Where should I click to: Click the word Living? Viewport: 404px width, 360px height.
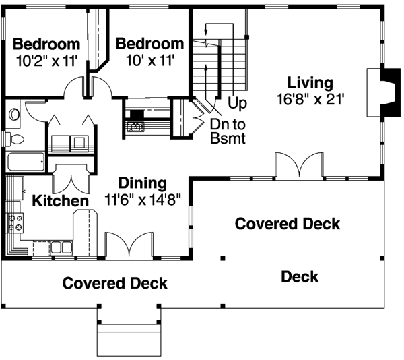coord(310,83)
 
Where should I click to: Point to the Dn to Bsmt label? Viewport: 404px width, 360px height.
coord(226,132)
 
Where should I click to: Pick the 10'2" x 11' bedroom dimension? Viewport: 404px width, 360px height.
coord(46,61)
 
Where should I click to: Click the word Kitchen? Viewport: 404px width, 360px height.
coord(61,201)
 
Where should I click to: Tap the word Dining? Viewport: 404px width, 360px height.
coord(142,183)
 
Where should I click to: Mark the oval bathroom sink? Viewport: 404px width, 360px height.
coord(15,115)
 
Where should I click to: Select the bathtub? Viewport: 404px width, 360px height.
coord(26,162)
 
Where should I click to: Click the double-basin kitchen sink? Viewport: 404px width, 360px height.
coord(61,247)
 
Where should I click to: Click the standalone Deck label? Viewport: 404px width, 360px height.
coord(300,276)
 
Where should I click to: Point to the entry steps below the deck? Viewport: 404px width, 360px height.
coord(129,337)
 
